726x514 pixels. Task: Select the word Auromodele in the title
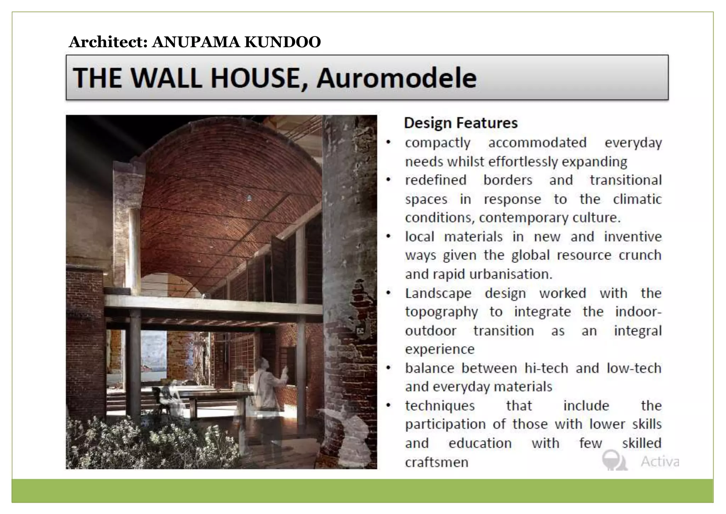pyautogui.click(x=396, y=78)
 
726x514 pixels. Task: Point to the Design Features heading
pyautogui.click(x=460, y=123)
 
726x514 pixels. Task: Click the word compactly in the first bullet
pyautogui.click(x=437, y=143)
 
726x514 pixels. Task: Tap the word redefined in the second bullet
pyautogui.click(x=435, y=180)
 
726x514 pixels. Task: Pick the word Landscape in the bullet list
pyautogui.click(x=438, y=294)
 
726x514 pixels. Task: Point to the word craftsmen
pyautogui.click(x=437, y=462)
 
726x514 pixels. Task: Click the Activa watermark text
pyautogui.click(x=660, y=461)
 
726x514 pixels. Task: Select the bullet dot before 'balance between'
pyautogui.click(x=389, y=368)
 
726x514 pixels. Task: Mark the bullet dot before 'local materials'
pyautogui.click(x=389, y=236)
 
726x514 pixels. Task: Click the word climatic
pyautogui.click(x=637, y=199)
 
